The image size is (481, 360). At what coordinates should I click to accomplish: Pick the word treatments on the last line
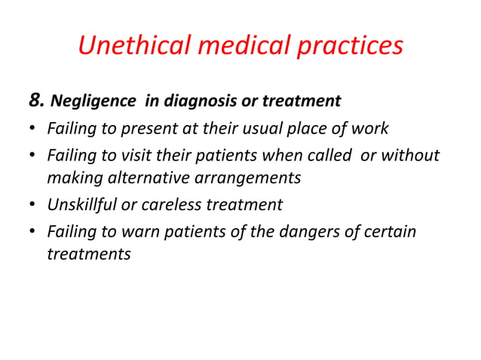88,254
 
